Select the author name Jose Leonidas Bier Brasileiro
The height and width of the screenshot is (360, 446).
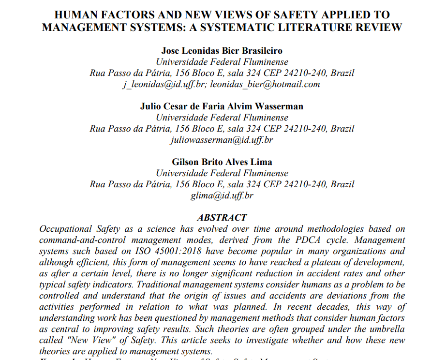[x=222, y=51]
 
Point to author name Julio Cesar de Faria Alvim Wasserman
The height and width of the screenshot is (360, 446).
[x=222, y=106]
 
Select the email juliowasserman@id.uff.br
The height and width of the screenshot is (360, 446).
[x=222, y=140]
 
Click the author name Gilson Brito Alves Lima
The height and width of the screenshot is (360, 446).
[x=222, y=162]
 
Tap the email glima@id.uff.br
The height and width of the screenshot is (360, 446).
[x=222, y=195]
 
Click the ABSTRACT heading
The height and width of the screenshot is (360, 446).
[x=222, y=218]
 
